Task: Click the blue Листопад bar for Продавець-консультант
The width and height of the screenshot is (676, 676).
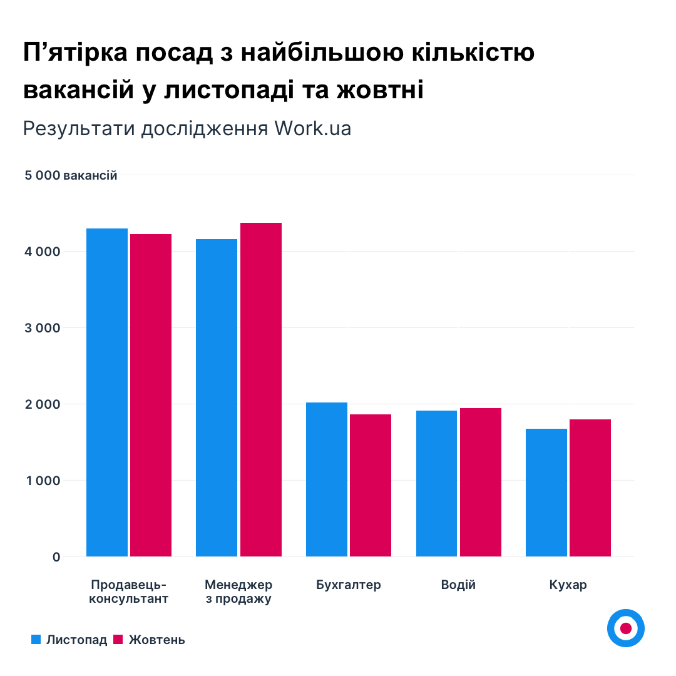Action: [107, 392]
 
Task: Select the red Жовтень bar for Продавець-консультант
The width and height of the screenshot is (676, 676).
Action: [151, 395]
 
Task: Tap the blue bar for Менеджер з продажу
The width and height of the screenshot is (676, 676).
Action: [217, 397]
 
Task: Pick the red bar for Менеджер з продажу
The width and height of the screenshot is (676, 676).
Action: [261, 389]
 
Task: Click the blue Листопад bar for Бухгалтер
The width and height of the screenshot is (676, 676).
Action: [327, 479]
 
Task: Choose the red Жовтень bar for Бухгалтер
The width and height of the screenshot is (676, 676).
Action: [371, 485]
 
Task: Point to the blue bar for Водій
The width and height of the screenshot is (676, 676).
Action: [437, 483]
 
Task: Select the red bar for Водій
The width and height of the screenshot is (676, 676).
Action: [481, 482]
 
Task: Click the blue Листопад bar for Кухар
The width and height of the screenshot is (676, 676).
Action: [546, 493]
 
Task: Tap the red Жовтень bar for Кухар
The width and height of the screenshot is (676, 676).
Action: [590, 488]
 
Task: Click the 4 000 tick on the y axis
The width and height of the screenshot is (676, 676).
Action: [43, 252]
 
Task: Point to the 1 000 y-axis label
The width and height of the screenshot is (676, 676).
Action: [43, 481]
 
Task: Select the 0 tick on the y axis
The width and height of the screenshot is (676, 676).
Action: [56, 557]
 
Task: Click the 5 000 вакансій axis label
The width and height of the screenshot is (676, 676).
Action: [71, 175]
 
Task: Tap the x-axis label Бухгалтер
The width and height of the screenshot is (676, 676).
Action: [349, 585]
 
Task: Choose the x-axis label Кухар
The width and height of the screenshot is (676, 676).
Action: [568, 585]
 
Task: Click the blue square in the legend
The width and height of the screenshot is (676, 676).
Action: [36, 640]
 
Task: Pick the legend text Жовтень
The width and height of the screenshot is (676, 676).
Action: [156, 640]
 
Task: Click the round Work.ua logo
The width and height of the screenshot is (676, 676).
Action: [625, 628]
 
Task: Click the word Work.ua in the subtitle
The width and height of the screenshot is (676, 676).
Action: [312, 128]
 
